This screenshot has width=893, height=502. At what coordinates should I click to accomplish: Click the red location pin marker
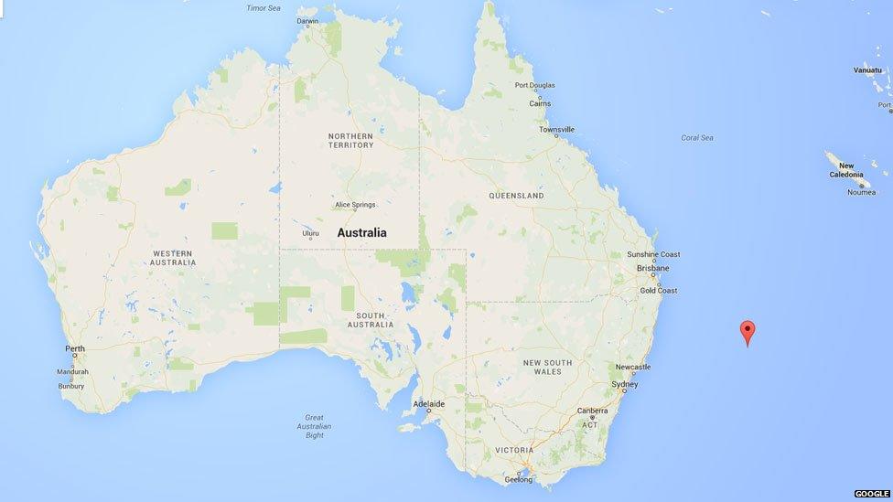pos(748,331)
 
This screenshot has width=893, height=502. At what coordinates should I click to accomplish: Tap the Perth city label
pos(75,349)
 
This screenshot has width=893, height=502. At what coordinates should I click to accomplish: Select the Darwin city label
pos(307,21)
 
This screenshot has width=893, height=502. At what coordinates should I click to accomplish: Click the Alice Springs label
pos(355,205)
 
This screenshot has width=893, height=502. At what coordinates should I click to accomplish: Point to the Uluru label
pos(311,233)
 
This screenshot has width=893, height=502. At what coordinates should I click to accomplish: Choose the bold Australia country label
pos(361,233)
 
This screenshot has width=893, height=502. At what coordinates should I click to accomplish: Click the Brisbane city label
pos(652,268)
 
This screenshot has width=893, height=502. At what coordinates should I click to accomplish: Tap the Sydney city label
pos(624,385)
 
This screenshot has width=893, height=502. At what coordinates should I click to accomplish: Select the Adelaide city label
pos(428,403)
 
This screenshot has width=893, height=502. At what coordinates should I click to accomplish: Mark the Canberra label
pos(592,411)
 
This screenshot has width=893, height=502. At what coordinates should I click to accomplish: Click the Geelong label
pos(518,479)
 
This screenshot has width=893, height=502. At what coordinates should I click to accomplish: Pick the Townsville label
pos(556,130)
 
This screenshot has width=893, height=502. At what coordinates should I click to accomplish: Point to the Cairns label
pos(540,103)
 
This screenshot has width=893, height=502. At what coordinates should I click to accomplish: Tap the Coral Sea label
pos(696,138)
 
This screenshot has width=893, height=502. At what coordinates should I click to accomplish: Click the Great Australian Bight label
pos(314,426)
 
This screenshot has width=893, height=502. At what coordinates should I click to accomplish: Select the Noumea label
pos(861,192)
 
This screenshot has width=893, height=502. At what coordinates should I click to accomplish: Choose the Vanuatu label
pos(867,69)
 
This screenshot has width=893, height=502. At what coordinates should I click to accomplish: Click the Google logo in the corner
pos(871,494)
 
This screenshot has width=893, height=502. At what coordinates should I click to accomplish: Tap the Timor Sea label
pos(264,8)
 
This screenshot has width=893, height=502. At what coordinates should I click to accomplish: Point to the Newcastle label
pos(633,367)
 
